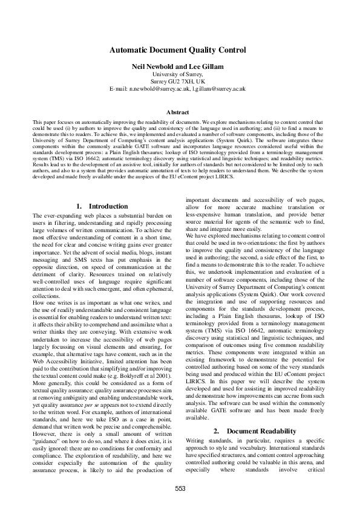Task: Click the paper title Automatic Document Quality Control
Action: (x=180, y=50)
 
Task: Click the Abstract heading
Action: (x=180, y=112)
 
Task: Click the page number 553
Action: (x=180, y=488)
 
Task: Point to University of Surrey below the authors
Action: (x=180, y=74)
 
